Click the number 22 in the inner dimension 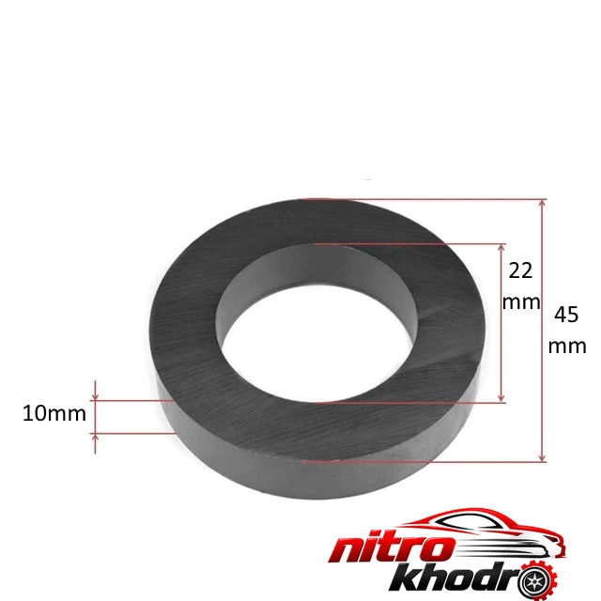click(520, 270)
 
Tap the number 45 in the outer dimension click(566, 315)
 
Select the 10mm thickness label click(54, 413)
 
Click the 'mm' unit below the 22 click(521, 302)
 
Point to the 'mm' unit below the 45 click(567, 347)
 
